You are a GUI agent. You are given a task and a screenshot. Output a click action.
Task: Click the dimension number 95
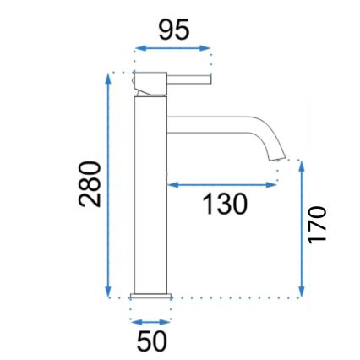(173, 30)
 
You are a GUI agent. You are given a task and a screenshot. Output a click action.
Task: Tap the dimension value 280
(90, 185)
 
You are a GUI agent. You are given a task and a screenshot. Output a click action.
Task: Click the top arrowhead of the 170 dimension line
(301, 164)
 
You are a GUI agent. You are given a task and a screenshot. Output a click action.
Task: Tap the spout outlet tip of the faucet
(277, 156)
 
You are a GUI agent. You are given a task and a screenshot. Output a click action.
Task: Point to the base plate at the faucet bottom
(151, 294)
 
